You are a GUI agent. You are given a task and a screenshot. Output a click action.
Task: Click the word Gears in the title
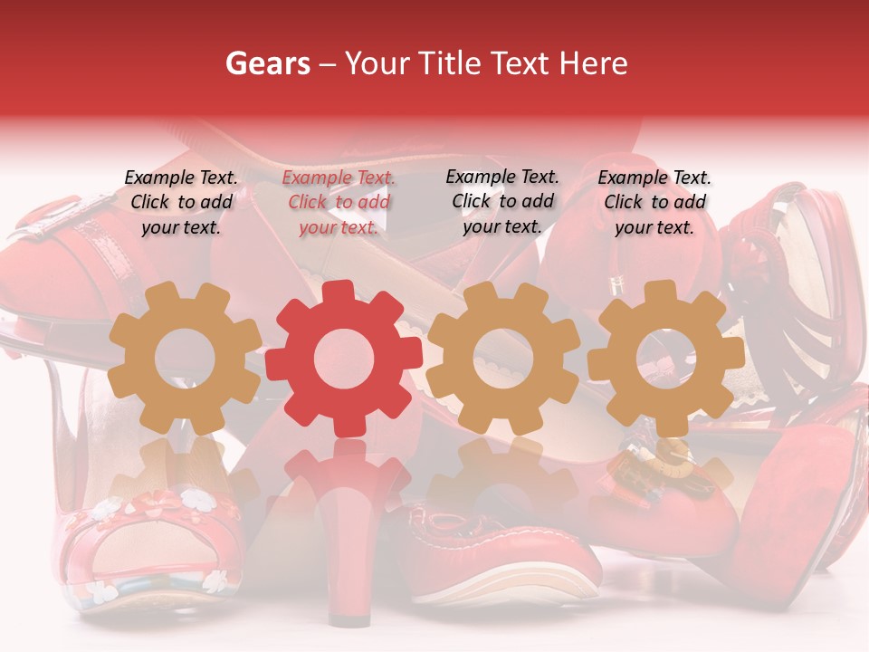266,63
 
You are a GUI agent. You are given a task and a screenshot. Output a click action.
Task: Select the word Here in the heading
593,63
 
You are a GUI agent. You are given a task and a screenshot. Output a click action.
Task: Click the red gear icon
344,359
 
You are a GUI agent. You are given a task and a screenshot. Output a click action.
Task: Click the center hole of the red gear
344,359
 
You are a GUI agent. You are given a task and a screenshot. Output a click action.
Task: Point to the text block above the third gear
502,201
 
